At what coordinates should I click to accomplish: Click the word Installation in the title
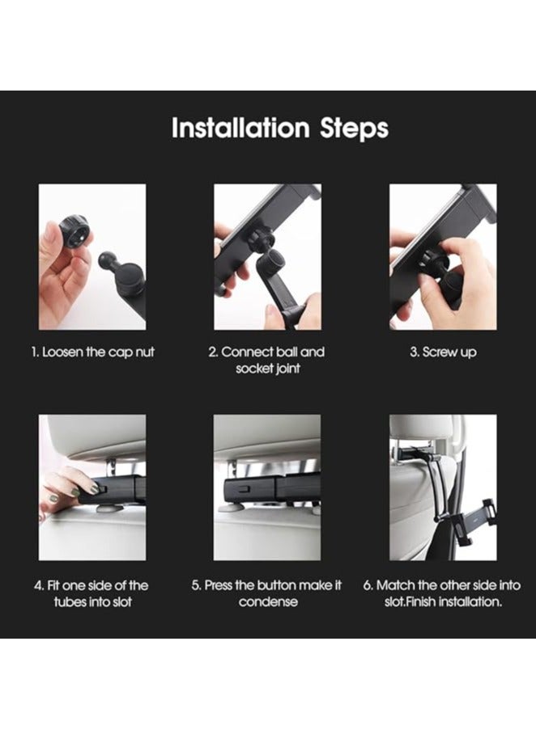coord(240,129)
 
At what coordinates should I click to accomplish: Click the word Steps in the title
coord(352,129)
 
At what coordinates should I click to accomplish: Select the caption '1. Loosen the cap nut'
coord(92,352)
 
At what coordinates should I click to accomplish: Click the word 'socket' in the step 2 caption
coord(257,369)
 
